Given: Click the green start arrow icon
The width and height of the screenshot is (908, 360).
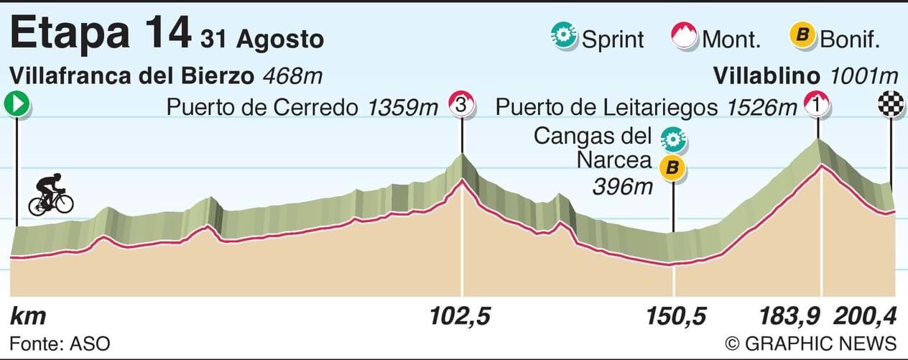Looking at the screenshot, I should pos(17,105).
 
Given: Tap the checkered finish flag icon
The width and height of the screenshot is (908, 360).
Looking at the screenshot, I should pos(891,105).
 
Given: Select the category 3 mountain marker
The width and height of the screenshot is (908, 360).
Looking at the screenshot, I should pos(462,105).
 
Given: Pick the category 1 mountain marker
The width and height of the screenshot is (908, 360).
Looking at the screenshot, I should pos(817,105).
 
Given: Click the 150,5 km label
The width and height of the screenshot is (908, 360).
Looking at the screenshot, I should pos(673,316).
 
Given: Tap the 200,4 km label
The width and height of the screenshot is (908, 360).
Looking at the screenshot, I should pos(865,316).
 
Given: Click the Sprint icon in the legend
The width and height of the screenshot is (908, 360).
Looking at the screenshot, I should pos(564,36).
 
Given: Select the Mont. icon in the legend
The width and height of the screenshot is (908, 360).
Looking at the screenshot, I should pos(684,36).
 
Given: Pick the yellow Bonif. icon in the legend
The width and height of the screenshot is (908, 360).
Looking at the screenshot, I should pos(802,36).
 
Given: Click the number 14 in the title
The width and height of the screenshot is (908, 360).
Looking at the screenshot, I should pos(167,34).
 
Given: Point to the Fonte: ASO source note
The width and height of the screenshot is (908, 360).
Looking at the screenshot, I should pos(60,343).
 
